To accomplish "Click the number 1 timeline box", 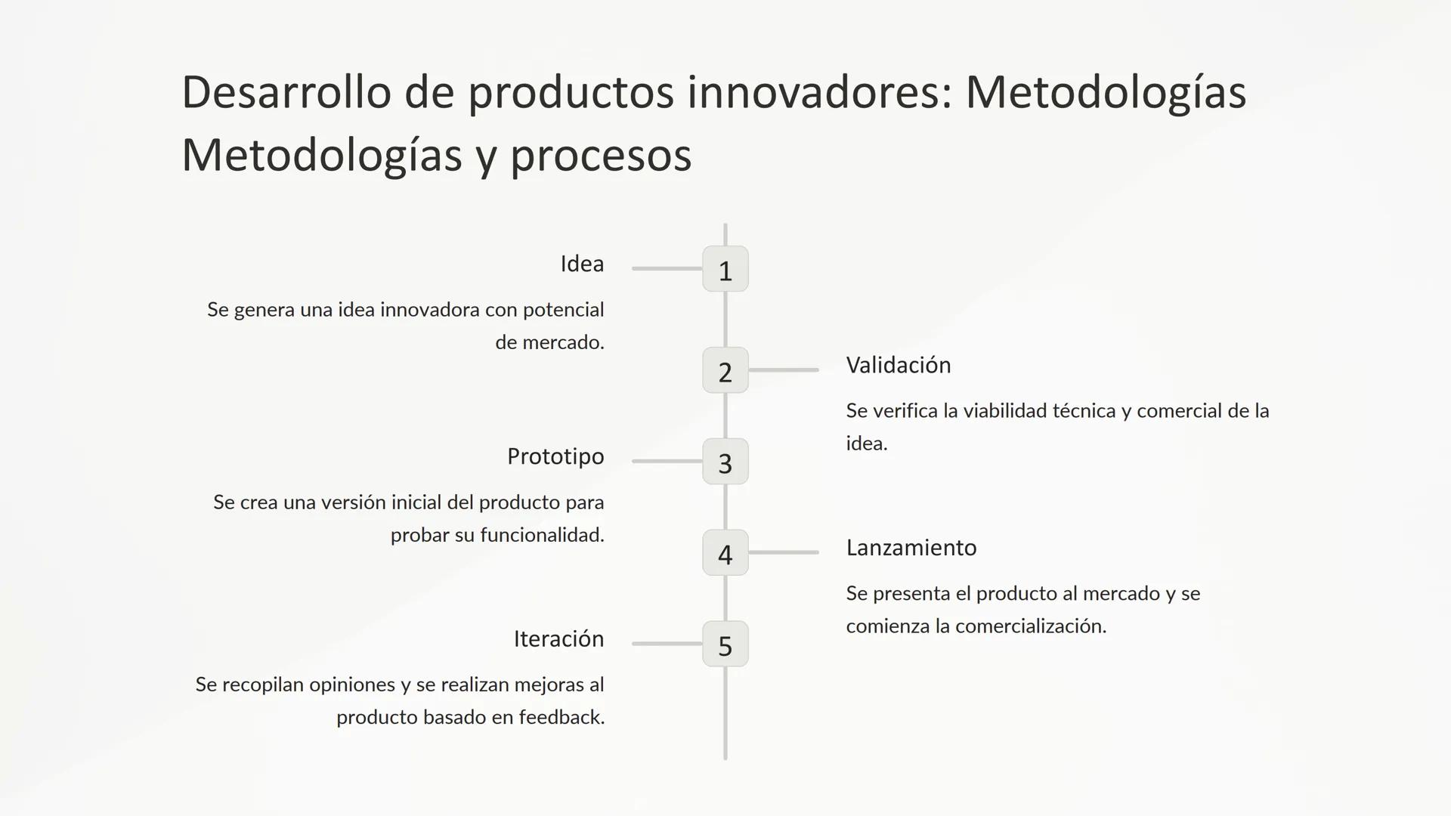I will coord(725,269).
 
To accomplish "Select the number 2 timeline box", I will coord(725,370).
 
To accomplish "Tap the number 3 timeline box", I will coord(725,462).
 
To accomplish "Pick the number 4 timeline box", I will coord(725,553).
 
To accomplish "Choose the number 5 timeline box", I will coord(725,644).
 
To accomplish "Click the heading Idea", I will coord(581,264).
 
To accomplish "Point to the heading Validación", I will coord(898,365).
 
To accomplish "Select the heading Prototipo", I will coord(555,456).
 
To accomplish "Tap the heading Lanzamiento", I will coord(911,548).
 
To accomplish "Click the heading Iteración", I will coord(558,639).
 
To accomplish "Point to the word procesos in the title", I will coord(601,156).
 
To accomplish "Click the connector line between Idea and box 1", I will coord(667,268).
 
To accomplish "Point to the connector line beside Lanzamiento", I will coord(784,552).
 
